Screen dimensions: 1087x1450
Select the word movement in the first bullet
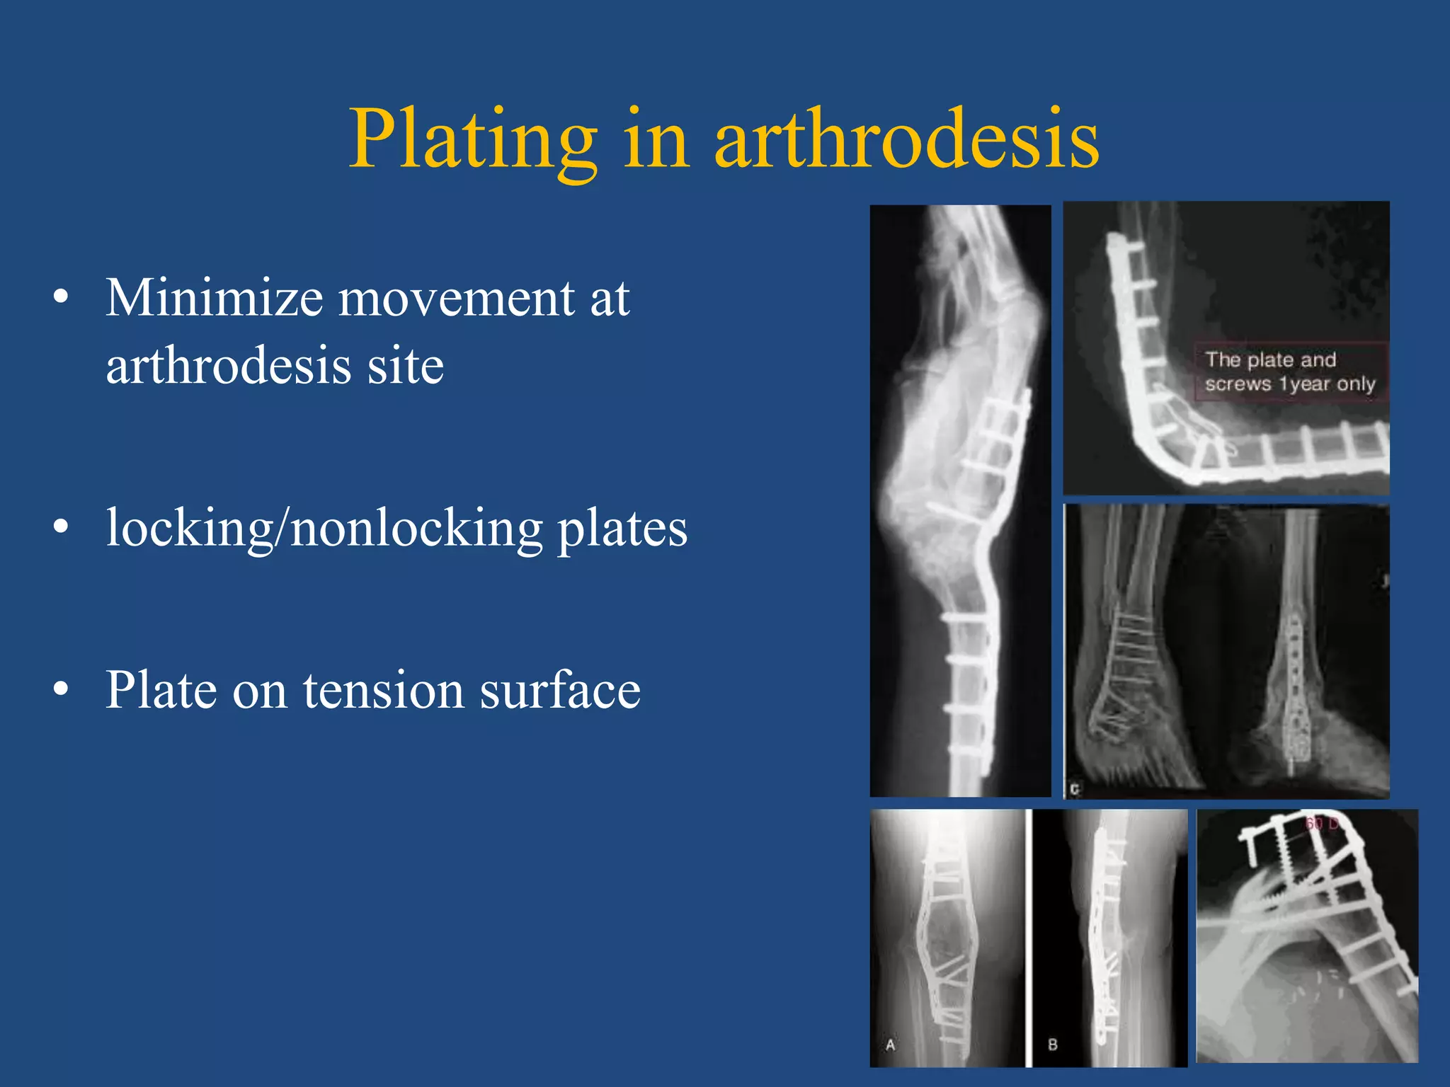(456, 299)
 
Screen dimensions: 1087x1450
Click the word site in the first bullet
(405, 366)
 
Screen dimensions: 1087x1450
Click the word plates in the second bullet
(622, 529)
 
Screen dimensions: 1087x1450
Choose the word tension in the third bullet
(383, 691)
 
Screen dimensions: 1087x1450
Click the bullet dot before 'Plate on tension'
(62, 689)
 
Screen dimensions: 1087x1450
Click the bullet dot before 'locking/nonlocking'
(62, 527)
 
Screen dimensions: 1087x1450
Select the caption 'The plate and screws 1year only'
(1289, 372)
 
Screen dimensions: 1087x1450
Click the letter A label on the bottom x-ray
(890, 1045)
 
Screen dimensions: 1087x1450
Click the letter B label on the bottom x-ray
(1052, 1045)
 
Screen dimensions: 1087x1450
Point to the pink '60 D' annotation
(1321, 824)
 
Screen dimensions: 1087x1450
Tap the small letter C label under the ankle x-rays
(1075, 788)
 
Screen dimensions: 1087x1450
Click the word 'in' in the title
(656, 140)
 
